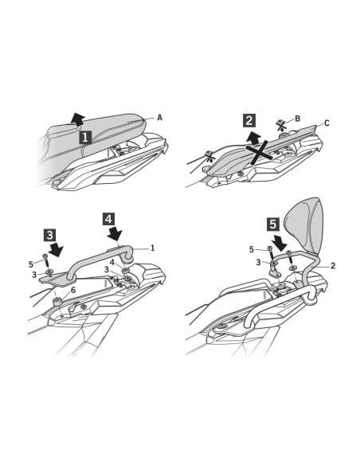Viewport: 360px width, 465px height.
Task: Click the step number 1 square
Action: (x=85, y=138)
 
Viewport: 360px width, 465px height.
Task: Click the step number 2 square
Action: (x=249, y=121)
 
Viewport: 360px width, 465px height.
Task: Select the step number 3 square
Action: (x=50, y=235)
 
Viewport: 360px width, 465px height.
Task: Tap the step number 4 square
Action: (x=109, y=219)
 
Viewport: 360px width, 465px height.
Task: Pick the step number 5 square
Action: (x=273, y=225)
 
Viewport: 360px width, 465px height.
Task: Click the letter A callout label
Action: (x=159, y=118)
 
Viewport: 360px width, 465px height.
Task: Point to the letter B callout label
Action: (x=297, y=119)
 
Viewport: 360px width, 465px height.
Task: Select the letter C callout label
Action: (x=327, y=123)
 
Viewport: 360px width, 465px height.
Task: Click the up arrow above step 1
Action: (x=78, y=119)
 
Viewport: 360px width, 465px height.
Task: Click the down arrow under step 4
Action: (x=115, y=233)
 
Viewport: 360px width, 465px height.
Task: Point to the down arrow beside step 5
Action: (x=280, y=242)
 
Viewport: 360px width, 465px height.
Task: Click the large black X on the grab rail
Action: (x=259, y=152)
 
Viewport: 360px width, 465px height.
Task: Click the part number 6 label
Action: (x=73, y=290)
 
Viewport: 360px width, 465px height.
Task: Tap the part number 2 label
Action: (x=333, y=265)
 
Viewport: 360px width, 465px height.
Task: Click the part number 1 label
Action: (x=153, y=248)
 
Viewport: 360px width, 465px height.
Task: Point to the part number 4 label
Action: (x=112, y=263)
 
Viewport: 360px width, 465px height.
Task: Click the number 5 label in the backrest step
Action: (x=252, y=250)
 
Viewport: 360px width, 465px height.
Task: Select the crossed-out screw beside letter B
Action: (x=281, y=126)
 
